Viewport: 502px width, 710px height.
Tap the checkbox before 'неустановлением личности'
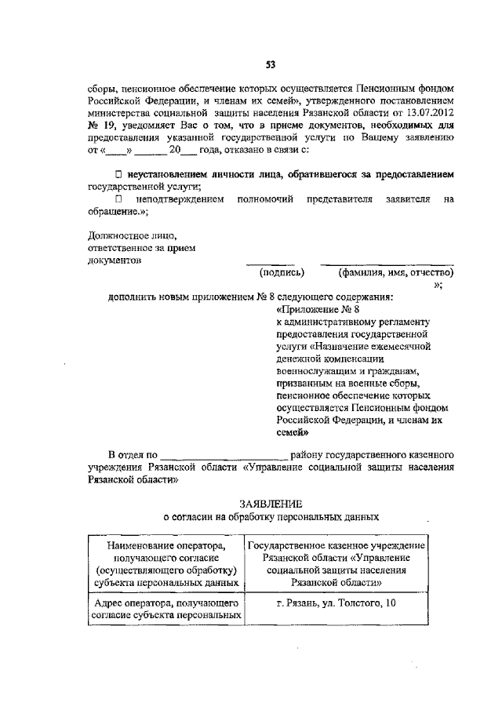pos(118,173)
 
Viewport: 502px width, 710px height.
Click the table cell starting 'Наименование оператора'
pos(163,564)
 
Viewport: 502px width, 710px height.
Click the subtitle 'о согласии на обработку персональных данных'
pos(270,517)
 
